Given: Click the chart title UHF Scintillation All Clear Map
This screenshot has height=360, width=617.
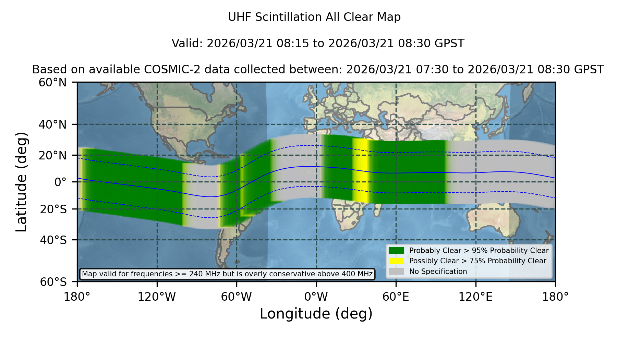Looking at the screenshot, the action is pyautogui.click(x=314, y=17).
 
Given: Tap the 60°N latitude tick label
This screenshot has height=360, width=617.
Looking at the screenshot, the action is pyautogui.click(x=53, y=82).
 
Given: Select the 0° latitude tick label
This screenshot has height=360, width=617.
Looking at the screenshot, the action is pyautogui.click(x=61, y=182).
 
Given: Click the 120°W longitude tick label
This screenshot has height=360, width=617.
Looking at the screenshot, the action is pyautogui.click(x=157, y=297).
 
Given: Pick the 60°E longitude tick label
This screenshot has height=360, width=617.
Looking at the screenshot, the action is pyautogui.click(x=396, y=297).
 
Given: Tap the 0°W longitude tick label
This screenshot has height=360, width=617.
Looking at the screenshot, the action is pyautogui.click(x=316, y=297).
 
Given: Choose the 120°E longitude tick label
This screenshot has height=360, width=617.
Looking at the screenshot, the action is pyautogui.click(x=475, y=297).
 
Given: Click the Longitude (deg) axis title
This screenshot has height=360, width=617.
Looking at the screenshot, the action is pyautogui.click(x=316, y=314).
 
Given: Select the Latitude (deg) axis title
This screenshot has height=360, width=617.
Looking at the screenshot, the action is pyautogui.click(x=21, y=182).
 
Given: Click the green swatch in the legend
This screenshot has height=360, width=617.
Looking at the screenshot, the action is pyautogui.click(x=396, y=251).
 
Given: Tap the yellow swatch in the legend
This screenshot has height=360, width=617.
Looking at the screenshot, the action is pyautogui.click(x=396, y=261).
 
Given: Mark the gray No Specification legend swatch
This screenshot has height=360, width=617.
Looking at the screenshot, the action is pyautogui.click(x=396, y=272).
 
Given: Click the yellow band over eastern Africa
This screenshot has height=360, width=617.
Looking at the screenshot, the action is pyautogui.click(x=360, y=170).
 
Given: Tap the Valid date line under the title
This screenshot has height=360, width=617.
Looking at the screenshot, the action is pyautogui.click(x=318, y=44).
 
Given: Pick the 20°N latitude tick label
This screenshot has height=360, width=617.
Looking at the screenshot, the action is pyautogui.click(x=53, y=155).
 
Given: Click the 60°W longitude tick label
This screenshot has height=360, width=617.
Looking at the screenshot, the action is pyautogui.click(x=237, y=297).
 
